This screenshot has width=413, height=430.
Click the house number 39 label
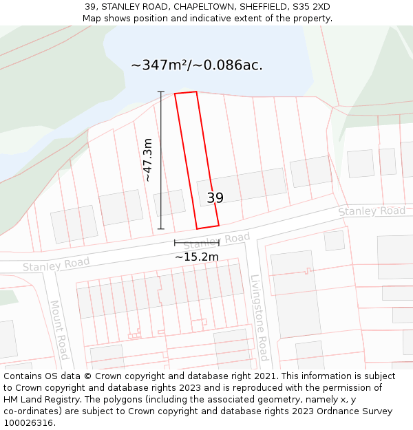pyautogui.click(x=215, y=198)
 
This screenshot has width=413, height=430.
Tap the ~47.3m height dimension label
pyautogui.click(x=147, y=160)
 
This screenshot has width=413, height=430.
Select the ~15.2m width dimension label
pyautogui.click(x=196, y=257)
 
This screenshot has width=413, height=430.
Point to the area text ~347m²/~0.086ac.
pyautogui.click(x=196, y=65)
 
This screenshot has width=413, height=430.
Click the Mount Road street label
pyautogui.click(x=59, y=330)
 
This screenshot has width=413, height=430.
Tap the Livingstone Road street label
pyautogui.click(x=258, y=318)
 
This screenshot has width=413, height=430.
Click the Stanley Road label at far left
pyautogui.click(x=56, y=264)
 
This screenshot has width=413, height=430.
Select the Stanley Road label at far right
pyautogui.click(x=372, y=211)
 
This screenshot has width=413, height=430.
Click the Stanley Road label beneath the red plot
pyautogui.click(x=217, y=241)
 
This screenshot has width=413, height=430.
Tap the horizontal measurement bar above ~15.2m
pyautogui.click(x=196, y=243)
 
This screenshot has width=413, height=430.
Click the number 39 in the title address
pyautogui.click(x=90, y=7)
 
